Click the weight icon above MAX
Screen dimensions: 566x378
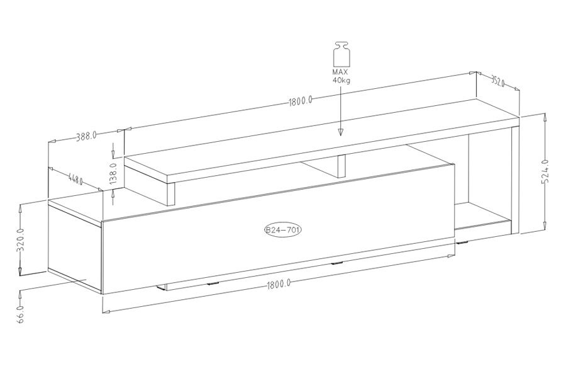(x=341, y=54)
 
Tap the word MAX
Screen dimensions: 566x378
(x=340, y=72)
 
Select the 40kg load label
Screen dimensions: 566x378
(x=341, y=80)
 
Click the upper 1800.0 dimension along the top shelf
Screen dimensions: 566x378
(x=301, y=101)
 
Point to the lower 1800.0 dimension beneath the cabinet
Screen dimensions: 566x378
(x=279, y=284)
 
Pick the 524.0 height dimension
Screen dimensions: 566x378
(x=546, y=171)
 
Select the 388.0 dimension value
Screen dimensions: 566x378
(x=86, y=136)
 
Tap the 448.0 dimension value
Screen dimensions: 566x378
(x=75, y=179)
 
